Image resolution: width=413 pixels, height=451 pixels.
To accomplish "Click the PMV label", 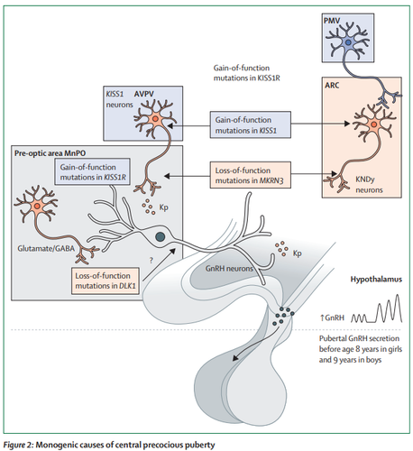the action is (x=331, y=21).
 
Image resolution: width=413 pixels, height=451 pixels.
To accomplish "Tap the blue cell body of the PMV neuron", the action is (x=348, y=42).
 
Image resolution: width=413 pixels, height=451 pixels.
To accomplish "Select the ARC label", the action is (x=332, y=86).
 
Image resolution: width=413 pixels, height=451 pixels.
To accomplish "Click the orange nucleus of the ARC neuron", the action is (x=373, y=124).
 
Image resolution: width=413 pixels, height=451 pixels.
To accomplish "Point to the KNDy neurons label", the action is (x=369, y=185).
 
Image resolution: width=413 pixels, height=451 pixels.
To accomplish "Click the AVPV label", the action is (x=144, y=94).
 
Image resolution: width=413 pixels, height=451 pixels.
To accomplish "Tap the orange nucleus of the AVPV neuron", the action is (x=155, y=119).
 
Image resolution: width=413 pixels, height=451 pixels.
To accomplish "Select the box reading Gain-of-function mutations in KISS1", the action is (x=250, y=124).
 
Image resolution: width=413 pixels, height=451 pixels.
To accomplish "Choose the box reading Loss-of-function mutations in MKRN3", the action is (x=250, y=175).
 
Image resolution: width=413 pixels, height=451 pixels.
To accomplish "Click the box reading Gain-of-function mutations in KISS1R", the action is (x=93, y=171).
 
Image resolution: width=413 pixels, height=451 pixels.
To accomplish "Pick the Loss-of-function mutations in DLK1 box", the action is (x=106, y=281).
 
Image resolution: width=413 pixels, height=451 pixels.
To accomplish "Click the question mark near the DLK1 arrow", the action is (x=151, y=261).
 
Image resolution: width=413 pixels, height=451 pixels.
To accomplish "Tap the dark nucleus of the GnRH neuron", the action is (x=160, y=236).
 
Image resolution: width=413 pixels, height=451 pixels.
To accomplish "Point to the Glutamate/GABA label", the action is (x=46, y=249).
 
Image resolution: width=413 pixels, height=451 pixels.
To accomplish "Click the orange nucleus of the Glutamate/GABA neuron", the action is (x=37, y=206).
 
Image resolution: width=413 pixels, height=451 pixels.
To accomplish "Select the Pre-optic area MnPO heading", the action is (x=50, y=153).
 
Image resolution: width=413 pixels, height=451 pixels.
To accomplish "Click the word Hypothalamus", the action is (x=376, y=280).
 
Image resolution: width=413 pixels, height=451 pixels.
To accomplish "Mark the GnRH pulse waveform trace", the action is (x=376, y=308).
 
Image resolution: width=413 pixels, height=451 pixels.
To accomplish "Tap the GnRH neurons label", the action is (x=229, y=269).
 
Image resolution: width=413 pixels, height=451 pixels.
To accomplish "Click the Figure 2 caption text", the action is (x=109, y=445).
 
